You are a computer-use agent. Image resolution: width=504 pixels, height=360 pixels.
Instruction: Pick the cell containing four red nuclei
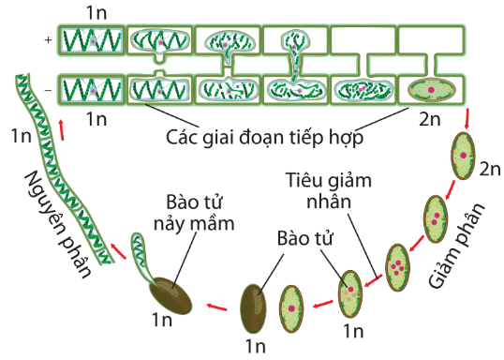pos(397,264)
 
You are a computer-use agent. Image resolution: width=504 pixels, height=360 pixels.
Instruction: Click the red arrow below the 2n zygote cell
pos(468,118)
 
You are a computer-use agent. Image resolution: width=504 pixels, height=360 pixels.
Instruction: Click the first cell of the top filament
pos(92,40)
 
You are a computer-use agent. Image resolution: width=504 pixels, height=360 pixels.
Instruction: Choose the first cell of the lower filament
pos(92,91)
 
